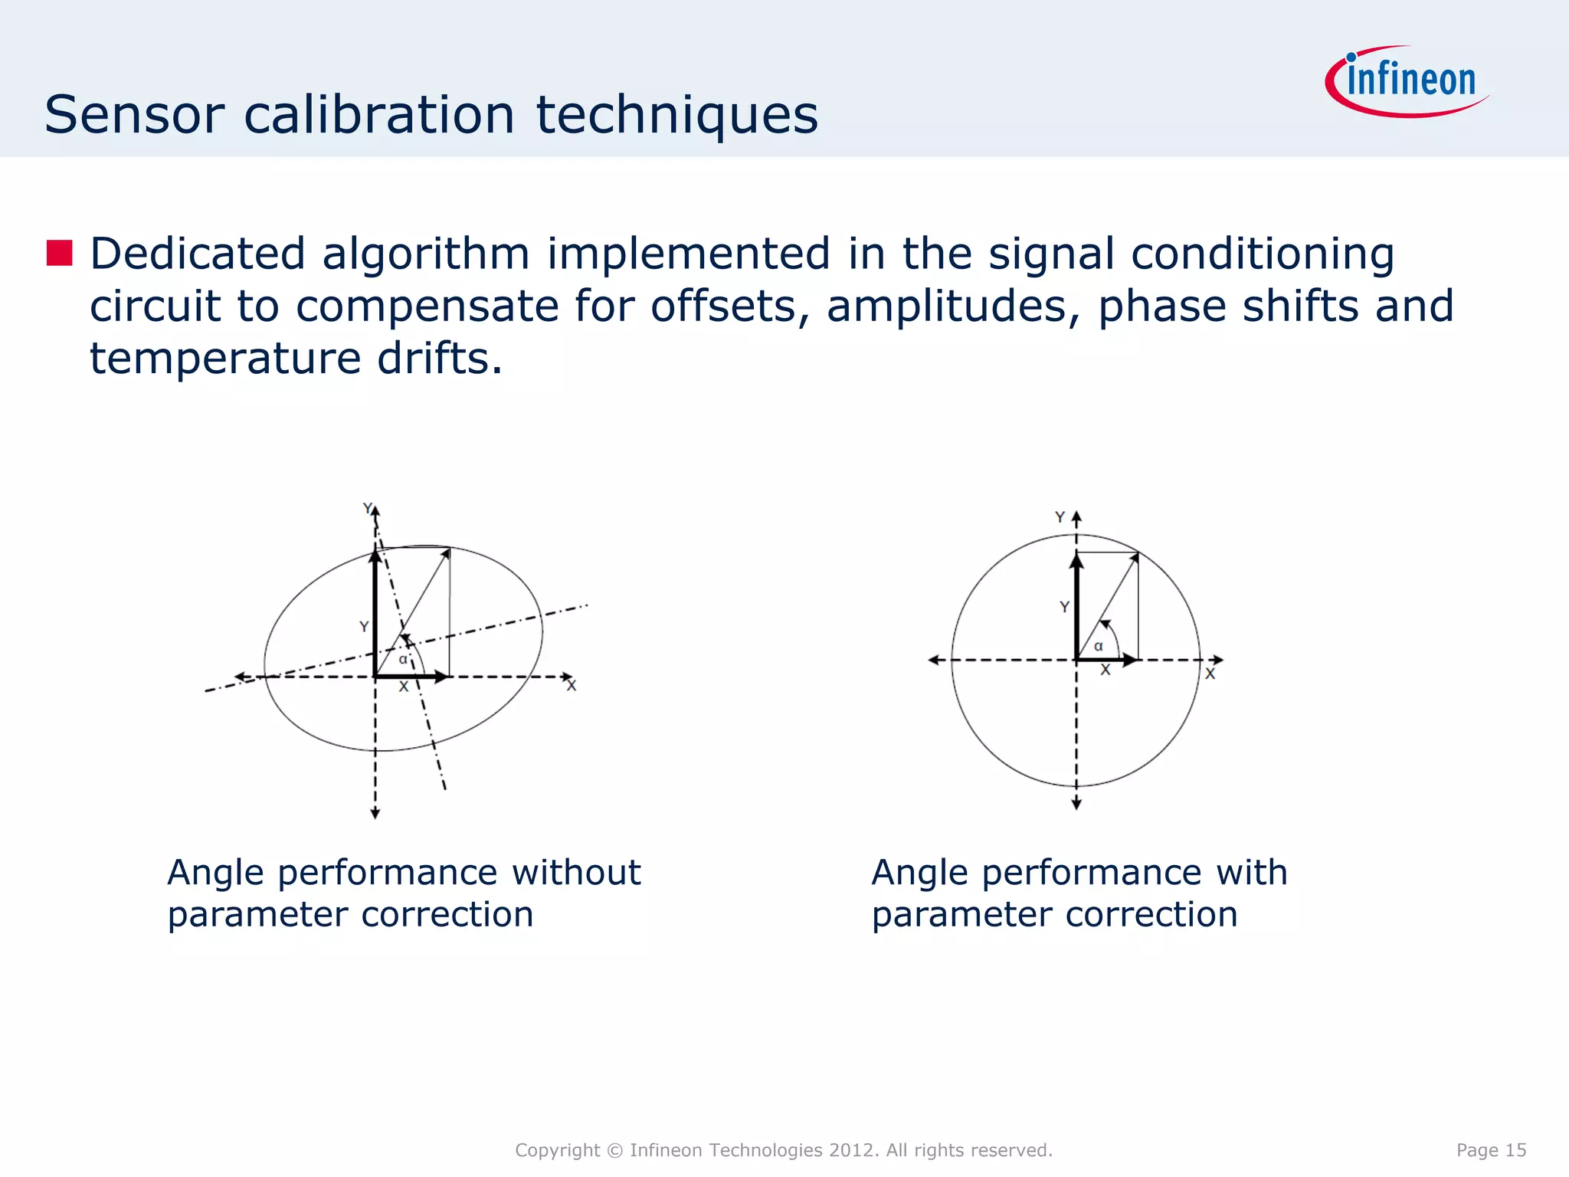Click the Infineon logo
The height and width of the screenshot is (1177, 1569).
[x=1408, y=81]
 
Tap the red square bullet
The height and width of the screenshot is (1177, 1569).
[x=59, y=253]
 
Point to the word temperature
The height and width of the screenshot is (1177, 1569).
[x=225, y=358]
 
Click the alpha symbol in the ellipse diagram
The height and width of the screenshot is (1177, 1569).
[x=403, y=659]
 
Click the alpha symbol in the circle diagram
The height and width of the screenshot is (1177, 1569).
[x=1098, y=646]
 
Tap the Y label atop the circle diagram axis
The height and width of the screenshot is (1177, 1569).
[x=1060, y=517]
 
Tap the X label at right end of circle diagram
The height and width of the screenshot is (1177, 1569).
[x=1210, y=674]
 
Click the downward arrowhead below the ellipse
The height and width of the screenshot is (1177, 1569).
[x=375, y=813]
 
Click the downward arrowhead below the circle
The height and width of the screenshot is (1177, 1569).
[x=1076, y=803]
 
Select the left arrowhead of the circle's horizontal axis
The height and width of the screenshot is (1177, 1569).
[x=934, y=660]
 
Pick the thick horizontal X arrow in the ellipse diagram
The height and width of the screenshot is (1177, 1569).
[x=411, y=677]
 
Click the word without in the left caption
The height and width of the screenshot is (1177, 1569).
[x=575, y=872]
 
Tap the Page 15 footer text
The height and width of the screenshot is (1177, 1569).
[x=1491, y=1149]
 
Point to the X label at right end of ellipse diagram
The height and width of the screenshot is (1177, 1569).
[x=572, y=686]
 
